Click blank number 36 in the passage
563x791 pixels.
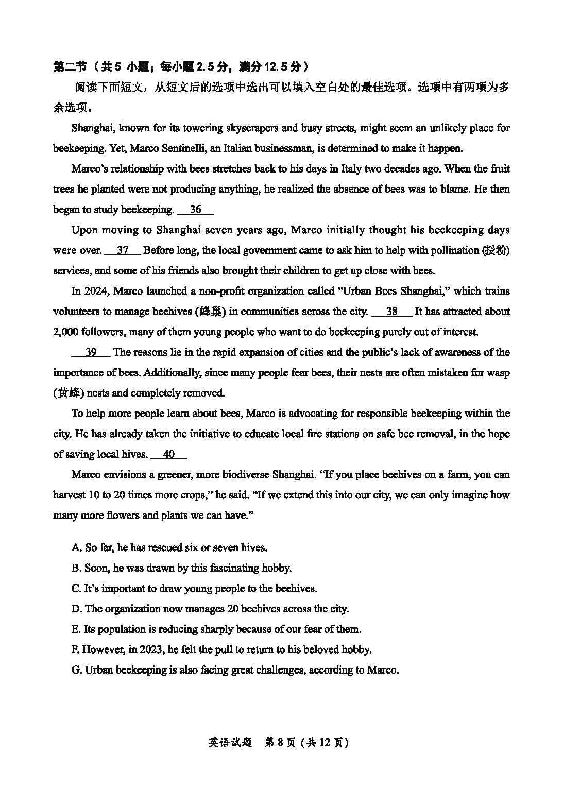pyautogui.click(x=195, y=210)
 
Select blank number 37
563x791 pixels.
pyautogui.click(x=123, y=250)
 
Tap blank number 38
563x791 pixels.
pyautogui.click(x=391, y=312)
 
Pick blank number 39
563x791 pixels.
pyautogui.click(x=91, y=352)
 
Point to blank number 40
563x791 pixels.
pyautogui.click(x=168, y=454)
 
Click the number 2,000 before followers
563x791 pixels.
pyautogui.click(x=66, y=332)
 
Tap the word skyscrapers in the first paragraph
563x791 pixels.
pyautogui.click(x=250, y=128)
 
